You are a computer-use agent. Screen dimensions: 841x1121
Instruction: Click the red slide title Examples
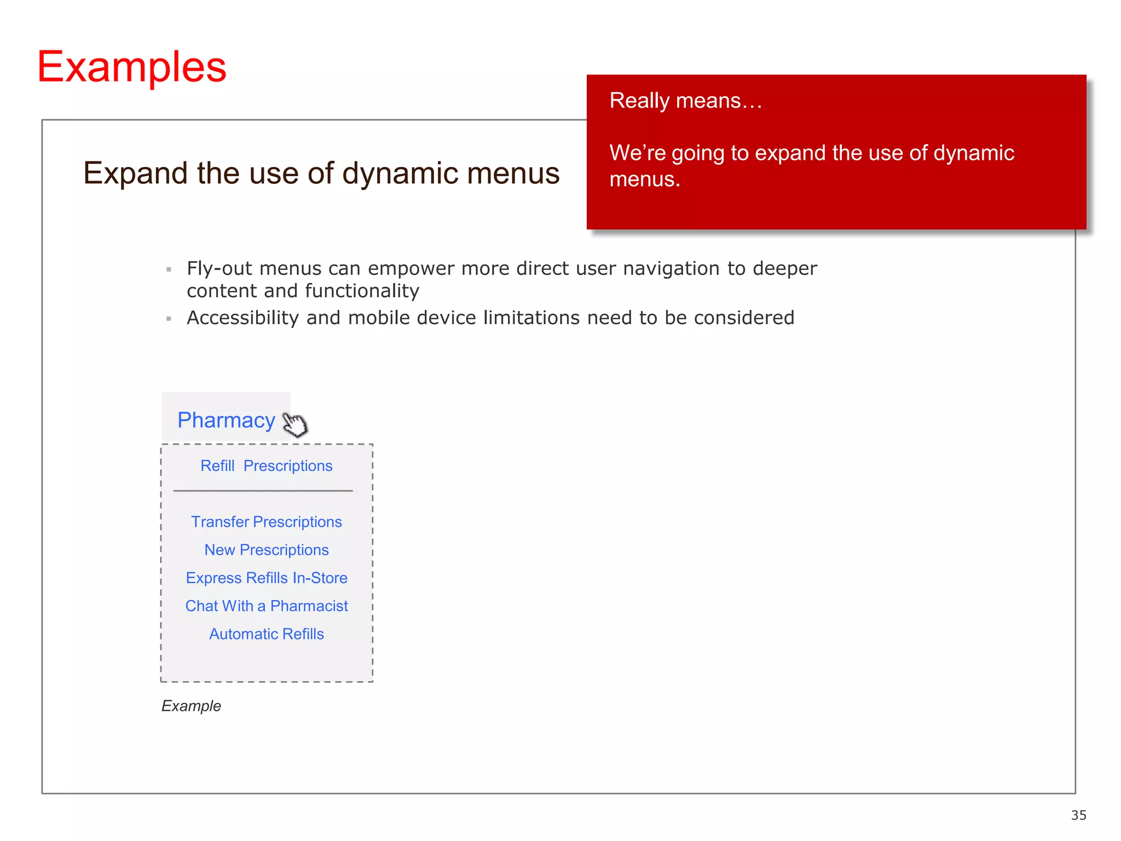132,67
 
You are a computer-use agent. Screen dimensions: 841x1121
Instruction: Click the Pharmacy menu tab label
226,420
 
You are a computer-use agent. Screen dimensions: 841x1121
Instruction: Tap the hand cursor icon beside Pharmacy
295,424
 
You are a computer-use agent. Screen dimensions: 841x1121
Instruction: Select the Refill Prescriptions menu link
266,466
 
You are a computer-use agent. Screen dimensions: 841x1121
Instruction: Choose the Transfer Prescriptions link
266,522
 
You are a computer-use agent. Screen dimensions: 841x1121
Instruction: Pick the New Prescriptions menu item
266,550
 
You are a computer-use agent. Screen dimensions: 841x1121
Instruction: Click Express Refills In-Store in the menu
266,578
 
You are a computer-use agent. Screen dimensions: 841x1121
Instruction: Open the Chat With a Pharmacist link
266,606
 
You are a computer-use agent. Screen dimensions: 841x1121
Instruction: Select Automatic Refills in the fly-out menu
266,633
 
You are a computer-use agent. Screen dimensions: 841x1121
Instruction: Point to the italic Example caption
191,706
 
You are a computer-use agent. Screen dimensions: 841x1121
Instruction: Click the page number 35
1078,815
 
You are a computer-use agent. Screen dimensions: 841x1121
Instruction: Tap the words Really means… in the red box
685,101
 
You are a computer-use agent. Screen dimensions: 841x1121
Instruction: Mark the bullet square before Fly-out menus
169,269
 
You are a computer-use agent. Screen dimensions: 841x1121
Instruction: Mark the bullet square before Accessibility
169,319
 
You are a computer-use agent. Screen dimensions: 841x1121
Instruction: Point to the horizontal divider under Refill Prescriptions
263,491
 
